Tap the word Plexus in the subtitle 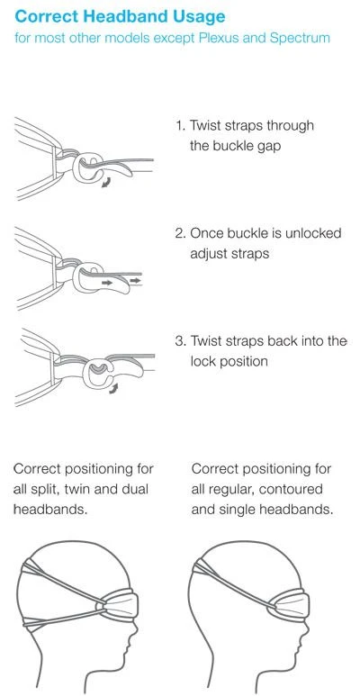click(x=218, y=37)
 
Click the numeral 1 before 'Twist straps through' click(x=179, y=126)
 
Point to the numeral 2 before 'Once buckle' click(x=180, y=233)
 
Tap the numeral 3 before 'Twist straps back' click(x=180, y=341)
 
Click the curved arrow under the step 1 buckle click(x=107, y=182)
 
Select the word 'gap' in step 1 click(x=268, y=147)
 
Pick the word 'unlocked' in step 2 click(x=313, y=233)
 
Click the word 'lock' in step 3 click(x=202, y=361)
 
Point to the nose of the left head click(x=133, y=630)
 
